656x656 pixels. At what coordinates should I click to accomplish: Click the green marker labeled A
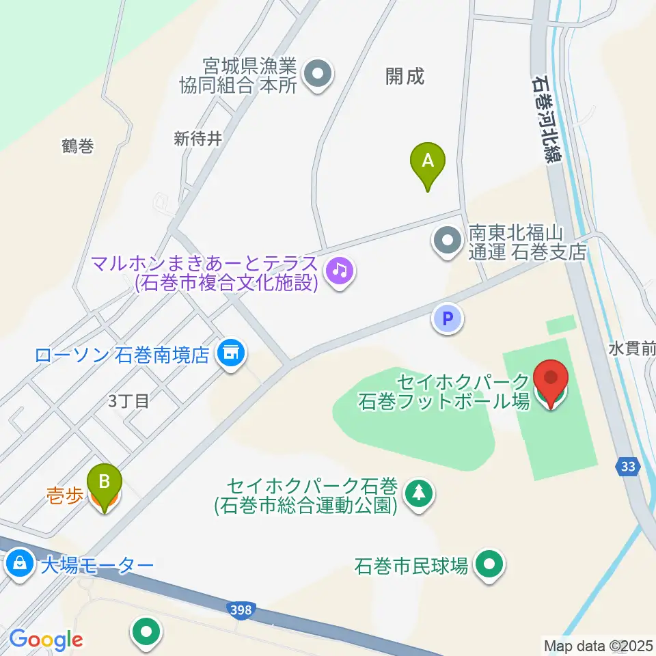coord(428,162)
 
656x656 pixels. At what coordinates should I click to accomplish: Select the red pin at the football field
coord(552,379)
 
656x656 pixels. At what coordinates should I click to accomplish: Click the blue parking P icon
coord(448,318)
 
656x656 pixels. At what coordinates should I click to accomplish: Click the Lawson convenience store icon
coord(231,354)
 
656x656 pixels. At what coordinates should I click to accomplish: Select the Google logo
coord(45,640)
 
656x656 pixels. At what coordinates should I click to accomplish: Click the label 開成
coord(405,77)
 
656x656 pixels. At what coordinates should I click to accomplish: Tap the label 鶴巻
coord(77,146)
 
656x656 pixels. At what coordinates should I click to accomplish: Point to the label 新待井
coord(198,139)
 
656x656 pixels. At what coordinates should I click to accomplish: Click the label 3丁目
coord(128,400)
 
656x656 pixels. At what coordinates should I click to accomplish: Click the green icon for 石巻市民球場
coord(489,565)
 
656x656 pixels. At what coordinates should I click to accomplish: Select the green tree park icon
coord(419,494)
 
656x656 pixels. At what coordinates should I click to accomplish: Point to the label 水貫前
coord(631,349)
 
